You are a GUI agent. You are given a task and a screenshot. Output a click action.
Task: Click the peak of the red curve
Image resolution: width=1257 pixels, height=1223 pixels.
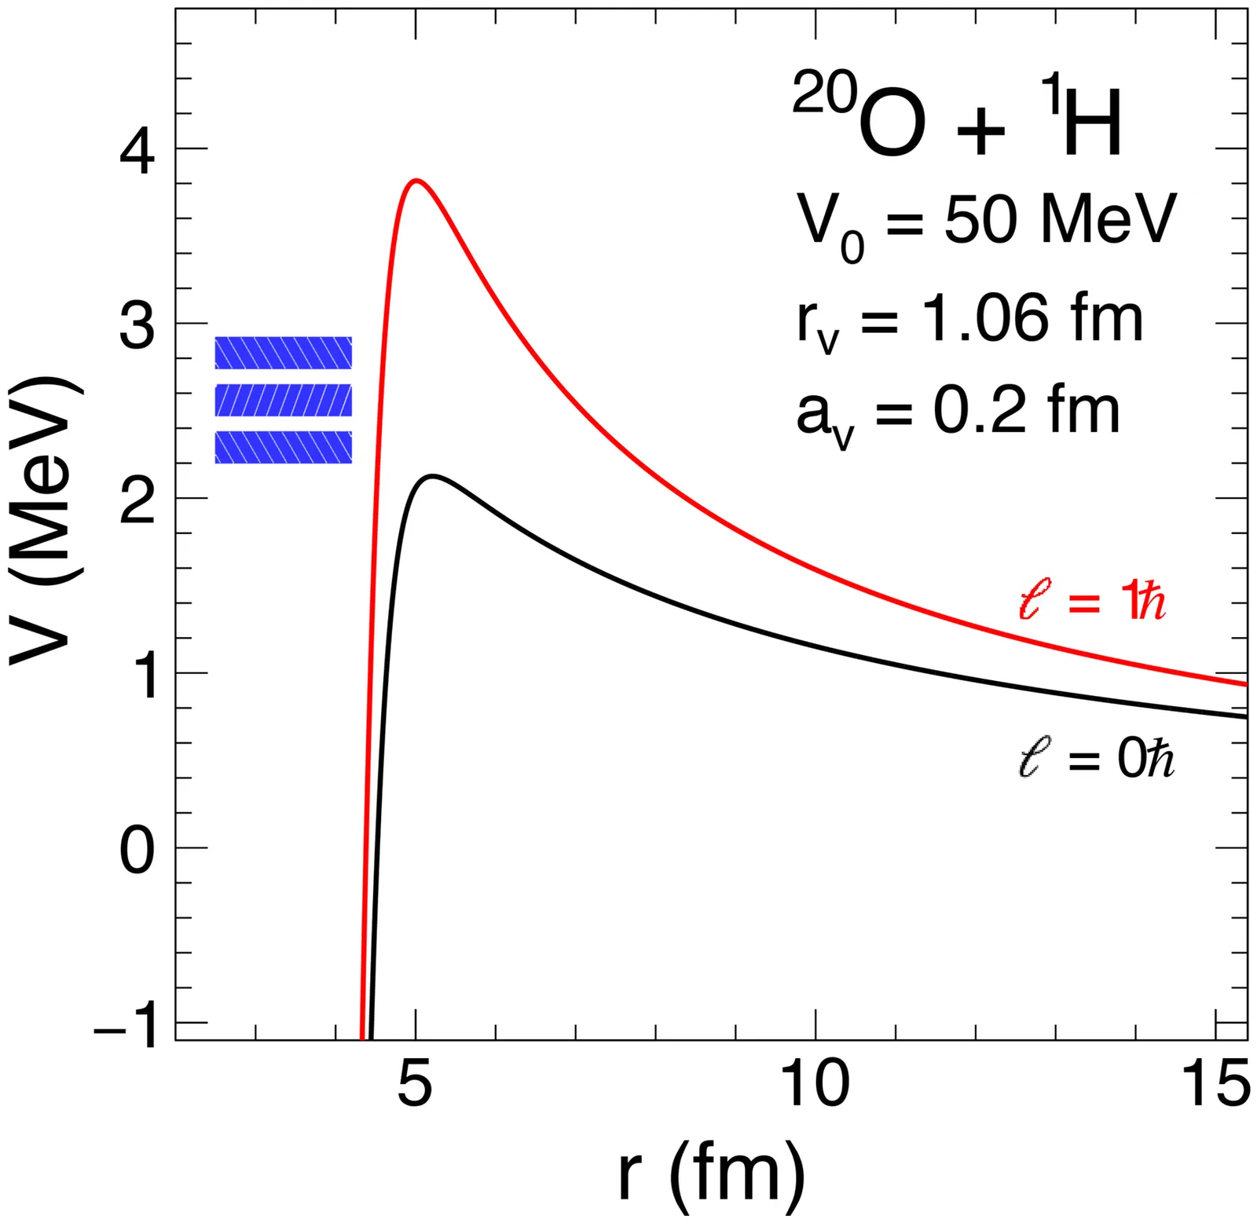coord(416,181)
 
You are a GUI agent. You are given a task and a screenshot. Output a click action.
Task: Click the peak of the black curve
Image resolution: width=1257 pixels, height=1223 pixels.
coord(432,476)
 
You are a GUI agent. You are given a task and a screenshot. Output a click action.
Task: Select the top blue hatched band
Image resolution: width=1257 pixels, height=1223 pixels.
coord(284,353)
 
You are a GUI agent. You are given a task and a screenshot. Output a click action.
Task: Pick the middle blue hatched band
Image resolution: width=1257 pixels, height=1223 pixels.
coord(284,400)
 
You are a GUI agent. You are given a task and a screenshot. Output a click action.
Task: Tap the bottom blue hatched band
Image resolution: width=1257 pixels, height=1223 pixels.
coord(284,447)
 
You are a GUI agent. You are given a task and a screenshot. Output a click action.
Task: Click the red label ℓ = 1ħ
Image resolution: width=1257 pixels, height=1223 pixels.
coord(1092,603)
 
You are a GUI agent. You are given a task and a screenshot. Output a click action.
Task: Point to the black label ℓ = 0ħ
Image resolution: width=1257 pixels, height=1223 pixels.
coord(1096,760)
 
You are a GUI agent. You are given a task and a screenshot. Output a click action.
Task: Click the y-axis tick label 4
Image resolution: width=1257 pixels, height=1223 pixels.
coord(137,152)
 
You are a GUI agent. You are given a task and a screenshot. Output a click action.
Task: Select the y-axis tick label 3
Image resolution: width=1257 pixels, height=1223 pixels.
coord(137,327)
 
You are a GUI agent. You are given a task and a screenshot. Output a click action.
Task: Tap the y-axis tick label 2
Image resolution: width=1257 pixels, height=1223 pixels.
coord(137,502)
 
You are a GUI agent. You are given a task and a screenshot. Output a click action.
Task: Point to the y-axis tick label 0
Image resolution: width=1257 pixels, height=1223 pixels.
coord(137,851)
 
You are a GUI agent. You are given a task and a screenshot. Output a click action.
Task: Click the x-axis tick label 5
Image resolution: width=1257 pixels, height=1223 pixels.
coord(416,1084)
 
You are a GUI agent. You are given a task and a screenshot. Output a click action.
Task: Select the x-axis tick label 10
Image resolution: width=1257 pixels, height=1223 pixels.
coord(816,1084)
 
